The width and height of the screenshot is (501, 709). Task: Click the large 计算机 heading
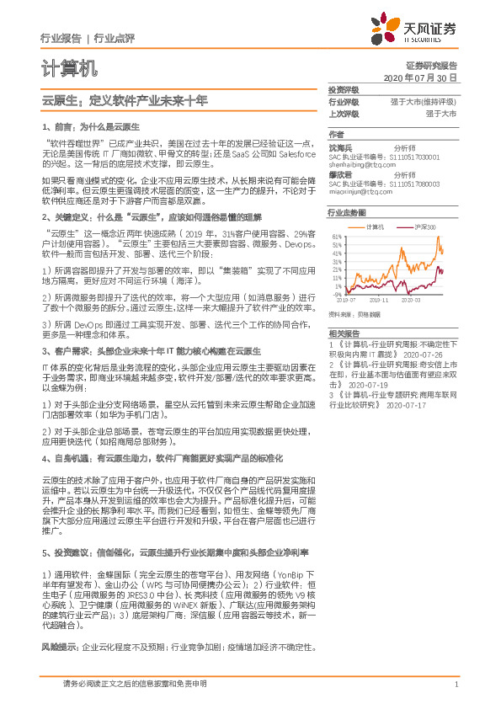pyautogui.click(x=70, y=67)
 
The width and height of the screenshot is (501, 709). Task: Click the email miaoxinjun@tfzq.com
pyautogui.click(x=355, y=191)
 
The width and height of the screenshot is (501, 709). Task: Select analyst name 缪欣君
pyautogui.click(x=340, y=173)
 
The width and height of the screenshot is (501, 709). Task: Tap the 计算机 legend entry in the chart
pyautogui.click(x=376, y=227)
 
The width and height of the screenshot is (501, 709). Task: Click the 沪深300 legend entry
pyautogui.click(x=424, y=227)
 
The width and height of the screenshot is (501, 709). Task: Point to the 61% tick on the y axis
pyautogui.click(x=338, y=237)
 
